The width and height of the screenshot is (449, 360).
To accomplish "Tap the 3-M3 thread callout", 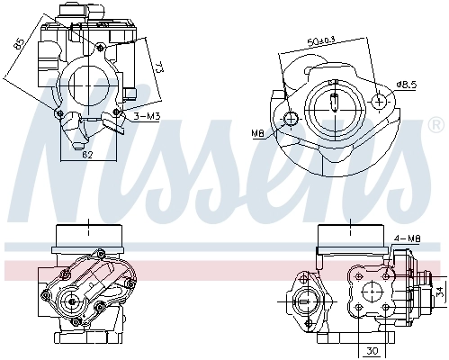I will point(147,117).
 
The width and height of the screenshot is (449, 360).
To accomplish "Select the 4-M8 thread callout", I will point(407,238).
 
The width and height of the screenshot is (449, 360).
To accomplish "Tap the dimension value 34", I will point(440,292).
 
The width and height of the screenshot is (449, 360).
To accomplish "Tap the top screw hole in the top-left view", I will point(102,45).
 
